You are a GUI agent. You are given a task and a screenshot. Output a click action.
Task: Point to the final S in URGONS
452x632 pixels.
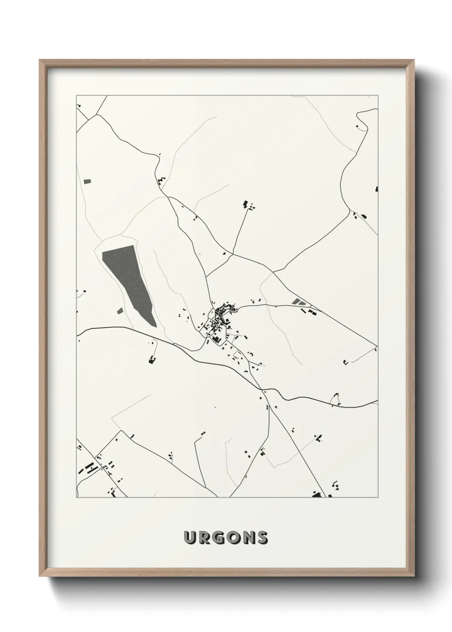(261, 538)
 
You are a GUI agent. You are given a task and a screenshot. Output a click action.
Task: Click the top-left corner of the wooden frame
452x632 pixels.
(40, 60)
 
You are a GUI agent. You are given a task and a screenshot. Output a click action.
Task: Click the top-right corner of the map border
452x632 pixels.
(378, 96)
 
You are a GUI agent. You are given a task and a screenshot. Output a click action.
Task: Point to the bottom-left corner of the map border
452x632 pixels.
(76, 497)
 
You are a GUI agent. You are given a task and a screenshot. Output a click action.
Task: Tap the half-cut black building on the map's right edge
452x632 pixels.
(376, 188)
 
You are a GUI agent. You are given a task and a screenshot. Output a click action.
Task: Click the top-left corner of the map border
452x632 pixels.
(76, 96)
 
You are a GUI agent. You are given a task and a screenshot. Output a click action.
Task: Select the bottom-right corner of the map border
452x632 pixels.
(378, 497)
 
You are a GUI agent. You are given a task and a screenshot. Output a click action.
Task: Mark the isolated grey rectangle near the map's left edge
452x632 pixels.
(88, 181)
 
